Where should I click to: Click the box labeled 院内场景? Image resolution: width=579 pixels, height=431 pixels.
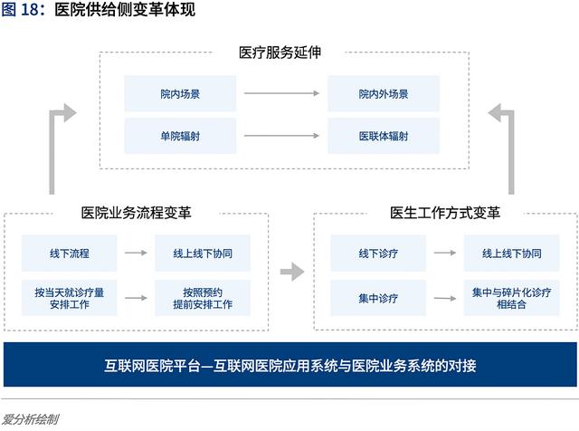pos(180,93)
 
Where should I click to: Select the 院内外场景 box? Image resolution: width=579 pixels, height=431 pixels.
pos(384,93)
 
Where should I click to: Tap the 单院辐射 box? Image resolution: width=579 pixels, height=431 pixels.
pos(180,136)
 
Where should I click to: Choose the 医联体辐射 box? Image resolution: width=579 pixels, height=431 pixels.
pos(384,136)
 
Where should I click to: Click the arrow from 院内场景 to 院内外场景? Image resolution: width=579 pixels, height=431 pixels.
pos(281,93)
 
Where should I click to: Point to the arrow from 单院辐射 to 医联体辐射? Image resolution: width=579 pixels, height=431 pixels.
pos(281,136)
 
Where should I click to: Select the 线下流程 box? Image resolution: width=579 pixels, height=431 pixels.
pos(70,254)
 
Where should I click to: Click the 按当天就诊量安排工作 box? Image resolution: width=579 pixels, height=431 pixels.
pos(70,298)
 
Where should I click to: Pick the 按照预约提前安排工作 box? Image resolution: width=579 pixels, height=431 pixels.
pos(203,298)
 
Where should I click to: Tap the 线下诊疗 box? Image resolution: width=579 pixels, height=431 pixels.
pos(378,254)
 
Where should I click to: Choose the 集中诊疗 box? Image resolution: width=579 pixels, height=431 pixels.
pos(378,298)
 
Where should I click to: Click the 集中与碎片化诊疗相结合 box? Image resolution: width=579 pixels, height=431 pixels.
pos(511,298)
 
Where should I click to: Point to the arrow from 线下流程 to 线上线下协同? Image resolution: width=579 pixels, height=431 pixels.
pos(136,253)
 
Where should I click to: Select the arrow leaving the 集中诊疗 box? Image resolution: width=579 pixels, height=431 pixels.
pos(445,298)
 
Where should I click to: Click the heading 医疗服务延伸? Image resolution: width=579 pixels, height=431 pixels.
pos(280,53)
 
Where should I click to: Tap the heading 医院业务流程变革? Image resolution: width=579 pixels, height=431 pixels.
pos(136,213)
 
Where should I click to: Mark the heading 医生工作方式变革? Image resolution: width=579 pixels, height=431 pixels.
pos(445,213)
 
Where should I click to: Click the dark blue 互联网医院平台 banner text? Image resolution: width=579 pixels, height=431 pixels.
pos(290,366)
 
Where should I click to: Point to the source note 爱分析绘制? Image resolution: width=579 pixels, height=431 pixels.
pos(30,419)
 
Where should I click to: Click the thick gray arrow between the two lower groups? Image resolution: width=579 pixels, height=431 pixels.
pos(292,272)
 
